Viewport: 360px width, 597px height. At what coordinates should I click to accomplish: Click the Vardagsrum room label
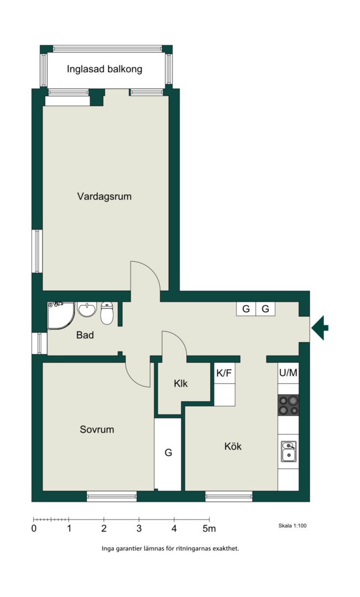(x=105, y=196)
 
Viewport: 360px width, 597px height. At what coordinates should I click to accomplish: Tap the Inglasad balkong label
(x=105, y=69)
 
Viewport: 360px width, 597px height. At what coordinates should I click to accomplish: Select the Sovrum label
(x=97, y=430)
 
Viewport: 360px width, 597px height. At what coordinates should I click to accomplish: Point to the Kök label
(x=233, y=446)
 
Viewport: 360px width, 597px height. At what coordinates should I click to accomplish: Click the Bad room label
(x=85, y=335)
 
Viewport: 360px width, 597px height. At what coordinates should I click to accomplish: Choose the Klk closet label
(x=181, y=384)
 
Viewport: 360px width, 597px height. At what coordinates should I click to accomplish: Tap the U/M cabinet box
(x=288, y=373)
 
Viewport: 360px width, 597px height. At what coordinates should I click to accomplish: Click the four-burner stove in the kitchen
(x=288, y=405)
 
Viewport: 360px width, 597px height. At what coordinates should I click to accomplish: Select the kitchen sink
(x=288, y=452)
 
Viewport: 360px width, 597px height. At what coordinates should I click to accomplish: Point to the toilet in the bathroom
(x=107, y=313)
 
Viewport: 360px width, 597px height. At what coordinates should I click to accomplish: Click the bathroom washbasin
(x=87, y=309)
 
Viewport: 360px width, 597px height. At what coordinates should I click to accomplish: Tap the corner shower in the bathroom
(x=61, y=316)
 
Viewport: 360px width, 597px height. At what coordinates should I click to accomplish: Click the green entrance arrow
(x=320, y=328)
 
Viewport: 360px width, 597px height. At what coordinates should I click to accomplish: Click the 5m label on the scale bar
(x=210, y=528)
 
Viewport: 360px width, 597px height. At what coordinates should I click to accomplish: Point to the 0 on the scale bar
(x=34, y=528)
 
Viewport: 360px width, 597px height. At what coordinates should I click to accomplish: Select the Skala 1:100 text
(x=293, y=526)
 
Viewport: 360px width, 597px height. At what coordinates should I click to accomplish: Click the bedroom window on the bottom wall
(x=112, y=496)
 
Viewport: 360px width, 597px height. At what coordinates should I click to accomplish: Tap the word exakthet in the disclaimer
(x=227, y=549)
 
